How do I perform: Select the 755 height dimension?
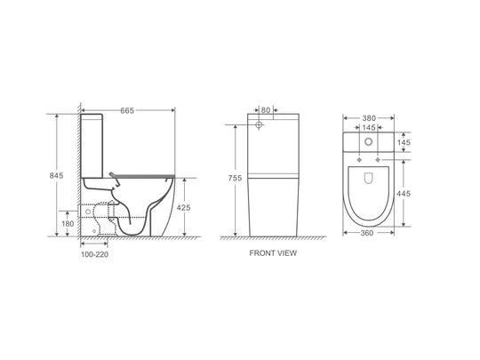coord(235,178)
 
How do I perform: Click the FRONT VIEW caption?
coord(273,253)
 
